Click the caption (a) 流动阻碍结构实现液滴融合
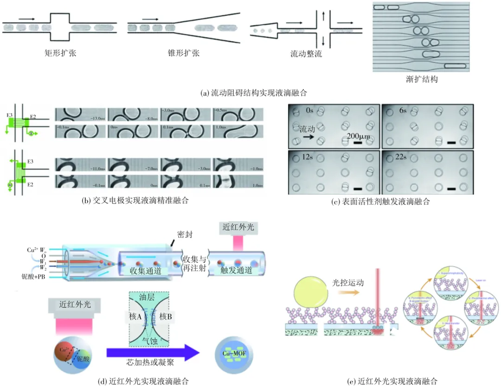250,93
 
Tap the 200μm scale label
358,137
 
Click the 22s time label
401,157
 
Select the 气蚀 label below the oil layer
152,339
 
